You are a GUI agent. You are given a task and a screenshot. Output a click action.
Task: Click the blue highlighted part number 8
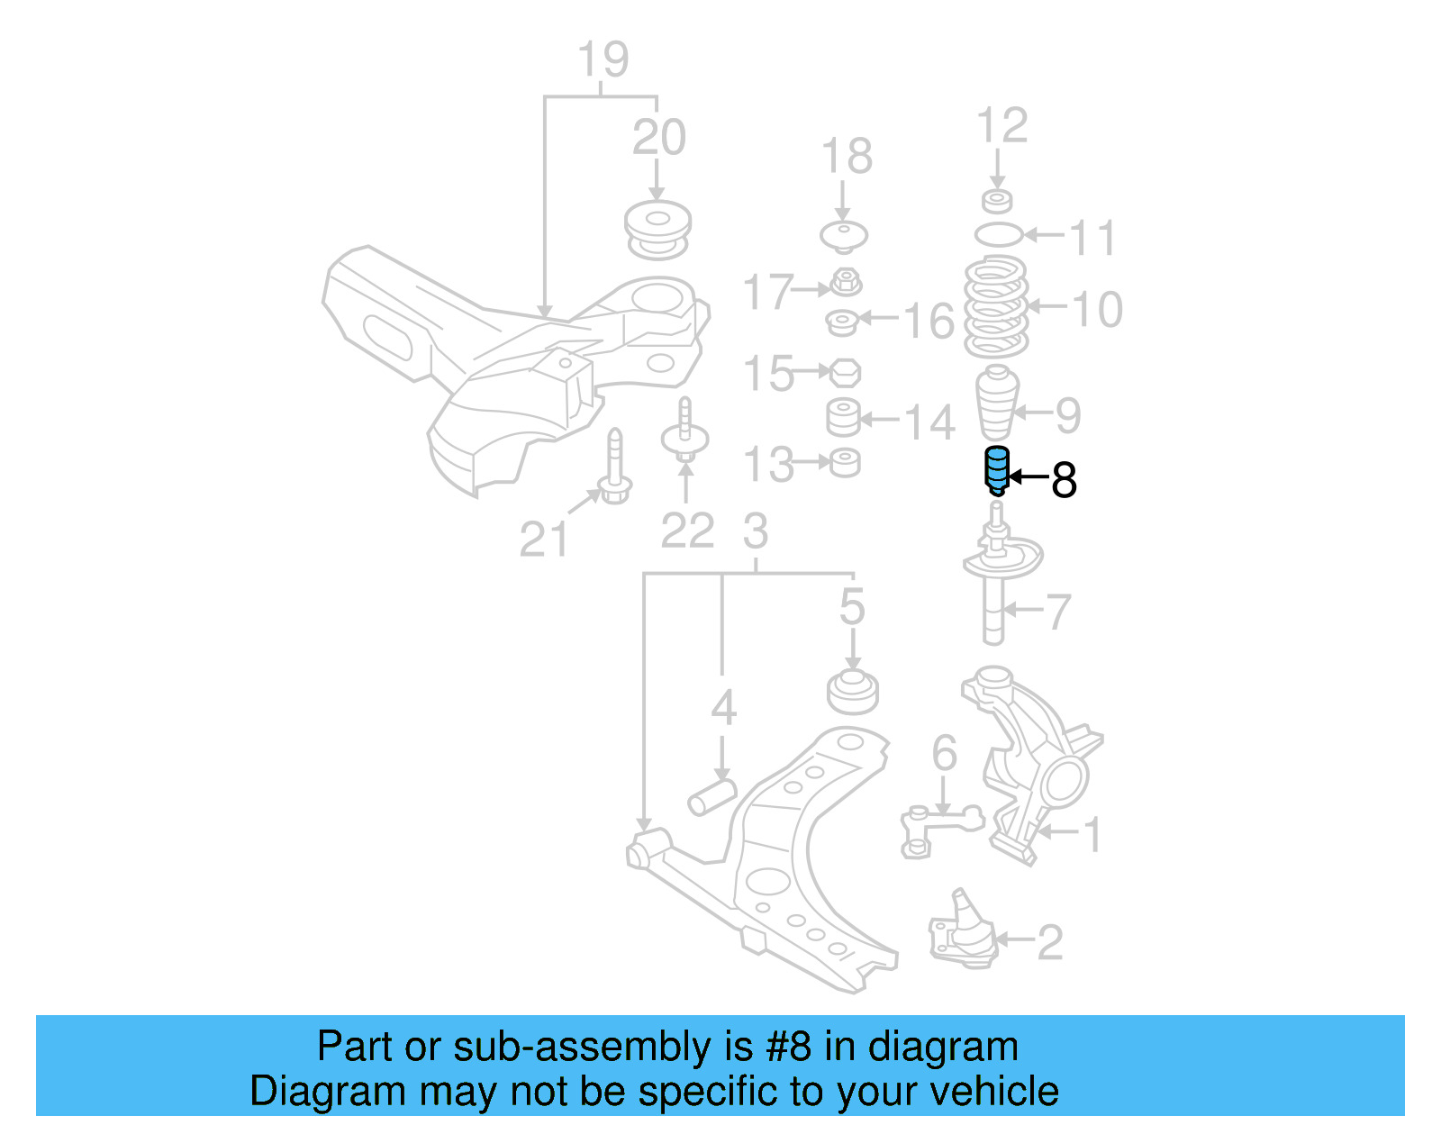point(996,470)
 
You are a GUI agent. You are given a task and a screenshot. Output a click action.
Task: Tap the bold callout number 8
point(1064,481)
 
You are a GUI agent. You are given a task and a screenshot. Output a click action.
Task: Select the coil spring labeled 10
point(996,308)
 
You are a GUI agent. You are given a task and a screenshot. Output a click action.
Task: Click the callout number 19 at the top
point(603,60)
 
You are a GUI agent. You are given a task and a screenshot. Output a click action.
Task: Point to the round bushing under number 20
point(658,231)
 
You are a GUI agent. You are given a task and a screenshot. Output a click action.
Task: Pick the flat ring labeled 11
point(999,235)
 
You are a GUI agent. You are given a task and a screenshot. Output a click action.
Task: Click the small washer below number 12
point(997,200)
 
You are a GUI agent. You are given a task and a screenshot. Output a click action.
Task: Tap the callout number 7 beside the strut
point(1057,612)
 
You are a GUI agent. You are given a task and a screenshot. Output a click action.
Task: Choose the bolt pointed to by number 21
point(614,468)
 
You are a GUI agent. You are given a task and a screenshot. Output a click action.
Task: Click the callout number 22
point(687,531)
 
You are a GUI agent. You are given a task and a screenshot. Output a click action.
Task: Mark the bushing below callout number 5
point(853,691)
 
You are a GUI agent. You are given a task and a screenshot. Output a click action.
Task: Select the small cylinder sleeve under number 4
point(711,796)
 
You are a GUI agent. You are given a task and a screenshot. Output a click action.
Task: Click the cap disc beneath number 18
point(844,236)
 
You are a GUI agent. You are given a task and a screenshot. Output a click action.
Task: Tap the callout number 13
point(768,465)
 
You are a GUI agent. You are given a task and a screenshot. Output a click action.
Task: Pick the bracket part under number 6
point(940,827)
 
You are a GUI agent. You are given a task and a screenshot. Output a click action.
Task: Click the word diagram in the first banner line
point(943,1047)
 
